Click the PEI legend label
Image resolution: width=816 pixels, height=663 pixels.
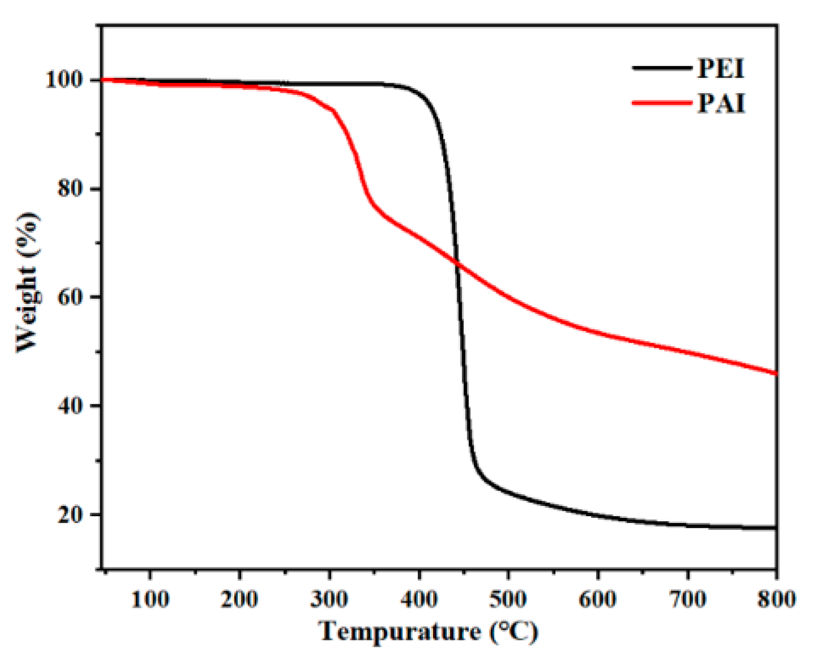pos(721,69)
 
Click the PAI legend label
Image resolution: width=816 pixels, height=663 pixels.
pos(721,104)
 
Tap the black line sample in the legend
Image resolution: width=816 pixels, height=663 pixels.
pos(662,68)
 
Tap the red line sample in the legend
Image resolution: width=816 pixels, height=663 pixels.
pos(662,103)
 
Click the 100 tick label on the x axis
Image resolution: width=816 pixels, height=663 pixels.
pos(150,598)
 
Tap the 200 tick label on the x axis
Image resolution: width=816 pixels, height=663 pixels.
pos(239,598)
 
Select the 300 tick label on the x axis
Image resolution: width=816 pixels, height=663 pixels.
pos(329,598)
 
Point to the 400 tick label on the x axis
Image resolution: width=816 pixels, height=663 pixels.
pos(418,598)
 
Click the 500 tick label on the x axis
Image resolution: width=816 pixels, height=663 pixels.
pos(508,598)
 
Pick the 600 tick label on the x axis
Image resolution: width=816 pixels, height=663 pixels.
pos(597,598)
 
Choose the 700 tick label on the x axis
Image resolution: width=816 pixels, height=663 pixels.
pos(687,598)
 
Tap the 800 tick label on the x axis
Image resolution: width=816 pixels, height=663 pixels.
pos(776,598)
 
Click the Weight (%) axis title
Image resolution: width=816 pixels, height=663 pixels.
pos(27,282)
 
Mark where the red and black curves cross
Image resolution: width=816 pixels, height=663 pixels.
pos(457,264)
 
